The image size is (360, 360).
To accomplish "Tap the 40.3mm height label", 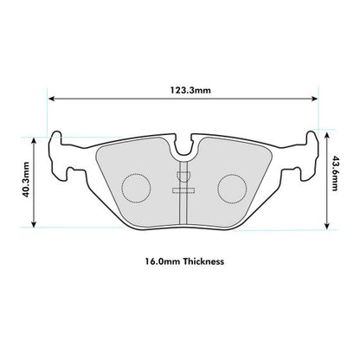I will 25,182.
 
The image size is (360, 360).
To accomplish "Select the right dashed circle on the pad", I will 229,185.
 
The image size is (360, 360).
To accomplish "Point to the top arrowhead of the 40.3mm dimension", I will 35,138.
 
